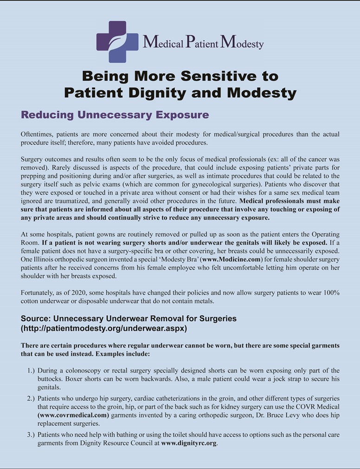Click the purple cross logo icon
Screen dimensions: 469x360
pos(117,42)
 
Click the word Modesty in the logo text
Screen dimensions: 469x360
pos(242,43)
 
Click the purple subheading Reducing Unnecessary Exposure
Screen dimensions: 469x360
pos(115,114)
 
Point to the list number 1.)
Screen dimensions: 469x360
pos(30,371)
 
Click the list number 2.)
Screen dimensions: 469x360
pos(30,399)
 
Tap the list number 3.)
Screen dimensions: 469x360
pos(30,435)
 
